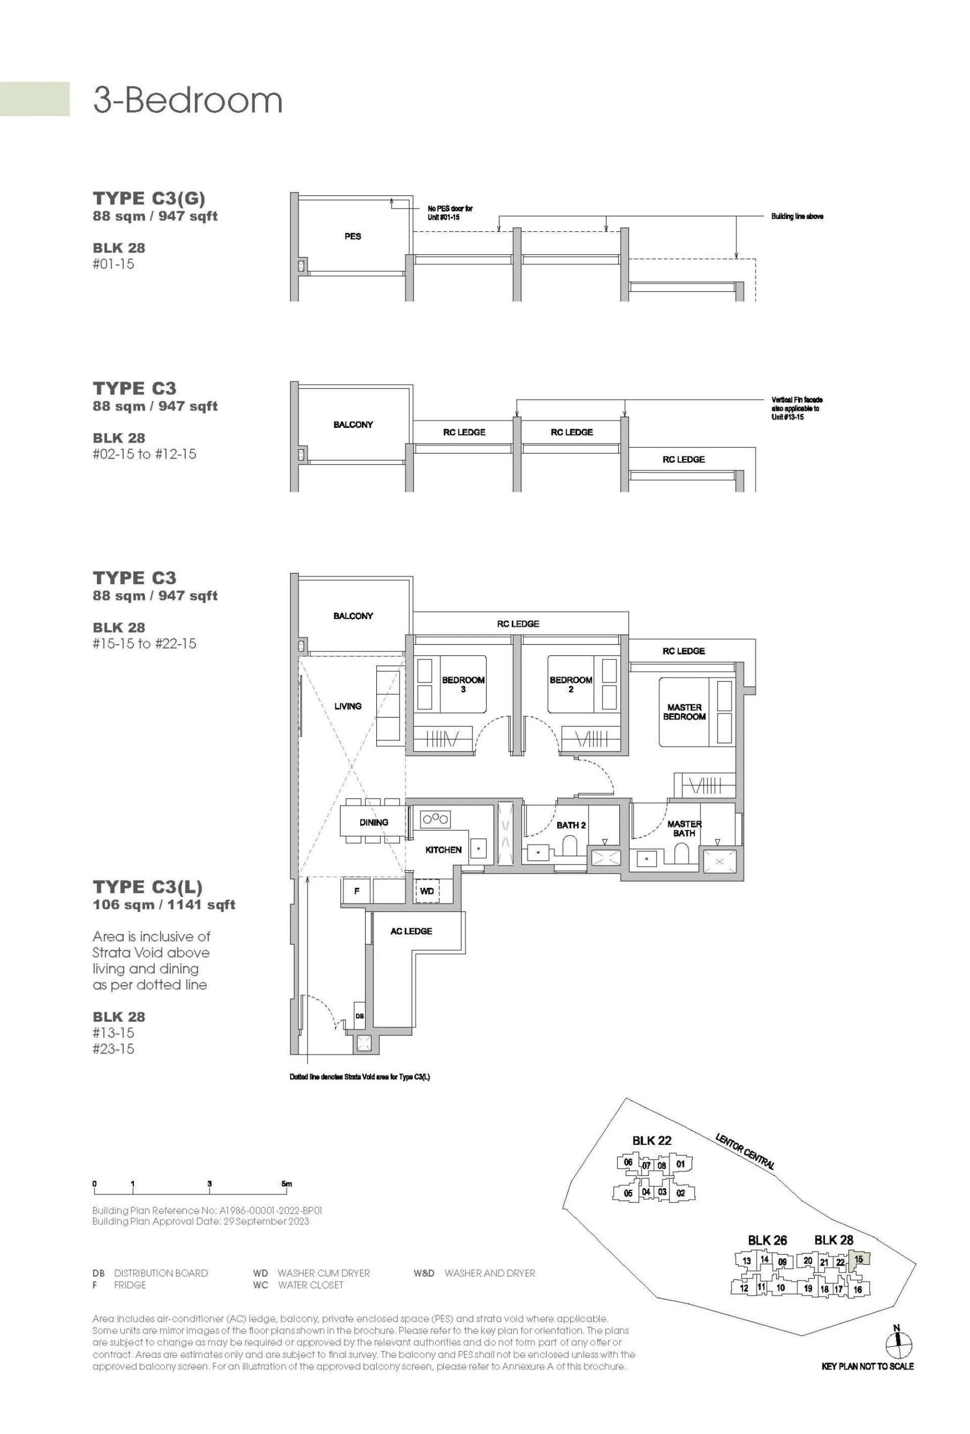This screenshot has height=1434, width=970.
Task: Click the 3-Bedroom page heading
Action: (x=187, y=100)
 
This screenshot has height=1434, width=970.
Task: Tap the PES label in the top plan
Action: (x=352, y=236)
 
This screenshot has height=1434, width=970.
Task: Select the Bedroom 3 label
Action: (x=463, y=684)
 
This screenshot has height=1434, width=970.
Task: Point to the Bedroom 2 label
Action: (x=571, y=684)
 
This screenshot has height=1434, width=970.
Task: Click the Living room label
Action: (x=348, y=706)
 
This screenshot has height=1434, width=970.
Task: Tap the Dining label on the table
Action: (x=373, y=822)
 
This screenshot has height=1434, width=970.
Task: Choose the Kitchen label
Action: (x=443, y=850)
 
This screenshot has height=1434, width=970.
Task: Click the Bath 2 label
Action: (x=571, y=825)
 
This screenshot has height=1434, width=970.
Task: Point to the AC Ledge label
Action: (x=411, y=931)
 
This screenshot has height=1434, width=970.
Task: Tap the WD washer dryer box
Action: (x=426, y=891)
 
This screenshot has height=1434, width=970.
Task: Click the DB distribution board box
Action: (x=359, y=1016)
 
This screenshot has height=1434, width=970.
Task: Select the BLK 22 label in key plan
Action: (x=651, y=1140)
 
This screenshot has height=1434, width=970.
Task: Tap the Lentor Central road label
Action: (x=744, y=1151)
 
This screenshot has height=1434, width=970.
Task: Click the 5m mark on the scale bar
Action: (x=286, y=1183)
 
